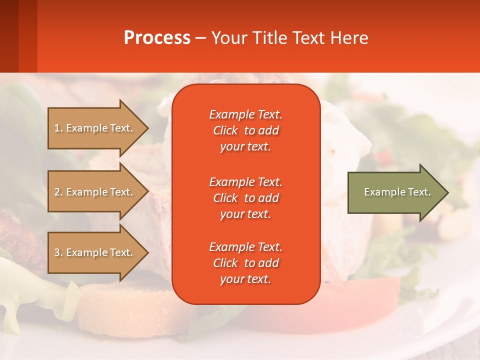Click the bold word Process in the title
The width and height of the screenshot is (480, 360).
click(157, 37)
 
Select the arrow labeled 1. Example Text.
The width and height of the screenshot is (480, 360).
click(95, 128)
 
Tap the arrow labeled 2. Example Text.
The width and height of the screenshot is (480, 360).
click(95, 192)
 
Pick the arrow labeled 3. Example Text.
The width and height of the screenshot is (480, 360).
click(95, 252)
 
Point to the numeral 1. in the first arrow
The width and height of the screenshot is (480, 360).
click(58, 128)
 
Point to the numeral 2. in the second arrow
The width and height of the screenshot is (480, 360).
click(58, 192)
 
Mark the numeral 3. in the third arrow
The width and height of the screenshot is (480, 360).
click(58, 252)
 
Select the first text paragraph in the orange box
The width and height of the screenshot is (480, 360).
click(245, 130)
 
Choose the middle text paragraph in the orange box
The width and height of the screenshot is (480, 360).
click(245, 198)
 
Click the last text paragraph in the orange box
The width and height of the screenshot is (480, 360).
click(245, 263)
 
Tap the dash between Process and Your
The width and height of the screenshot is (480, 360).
click(201, 38)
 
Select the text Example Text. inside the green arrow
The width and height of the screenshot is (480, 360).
click(397, 192)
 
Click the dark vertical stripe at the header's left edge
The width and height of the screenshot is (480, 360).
click(9, 36)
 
